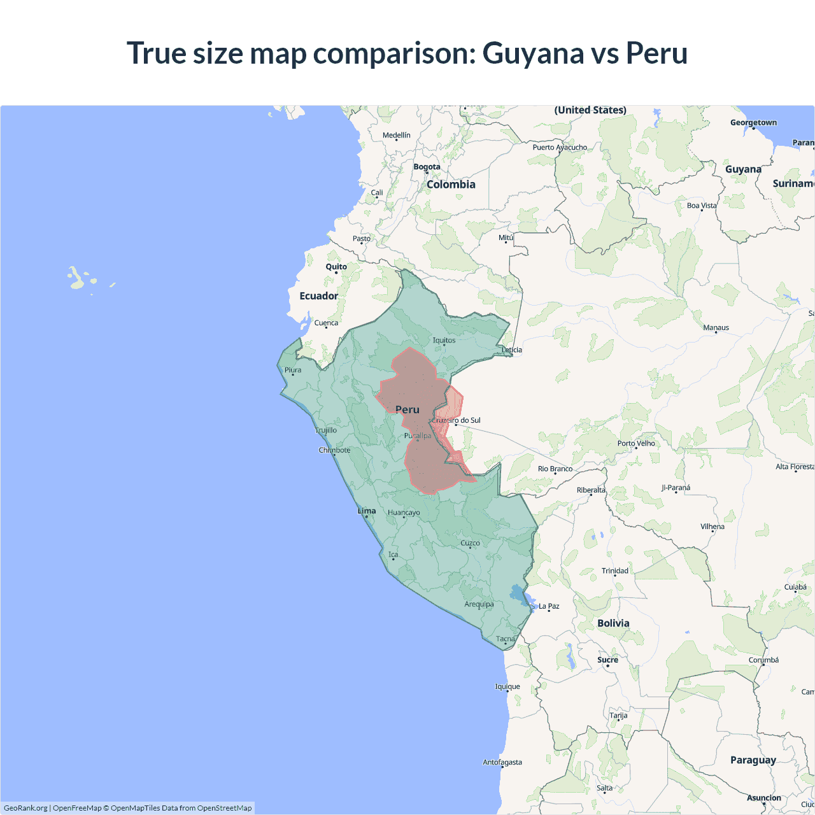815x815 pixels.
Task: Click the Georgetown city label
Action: coord(753,122)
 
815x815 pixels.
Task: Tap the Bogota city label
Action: coord(427,167)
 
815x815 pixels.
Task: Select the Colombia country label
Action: coord(451,184)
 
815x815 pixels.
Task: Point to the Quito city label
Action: coord(336,267)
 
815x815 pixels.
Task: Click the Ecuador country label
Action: coord(319,296)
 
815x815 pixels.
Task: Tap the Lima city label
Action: coord(367,511)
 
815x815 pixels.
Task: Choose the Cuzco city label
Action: coord(470,543)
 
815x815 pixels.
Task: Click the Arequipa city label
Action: coord(479,604)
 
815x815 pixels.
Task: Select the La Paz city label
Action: coord(549,606)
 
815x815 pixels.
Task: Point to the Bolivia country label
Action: coord(613,623)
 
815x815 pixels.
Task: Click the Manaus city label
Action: coord(716,327)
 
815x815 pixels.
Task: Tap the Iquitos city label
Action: coord(444,340)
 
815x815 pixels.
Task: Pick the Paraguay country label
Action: coord(753,760)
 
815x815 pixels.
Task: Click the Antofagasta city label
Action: coord(502,762)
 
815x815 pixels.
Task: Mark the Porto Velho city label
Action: coord(636,443)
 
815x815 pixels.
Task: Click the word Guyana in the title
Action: coord(532,53)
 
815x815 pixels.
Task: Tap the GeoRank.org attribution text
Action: coord(25,808)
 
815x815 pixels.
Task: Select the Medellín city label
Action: coord(396,135)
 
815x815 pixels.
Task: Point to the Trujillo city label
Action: coord(326,430)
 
